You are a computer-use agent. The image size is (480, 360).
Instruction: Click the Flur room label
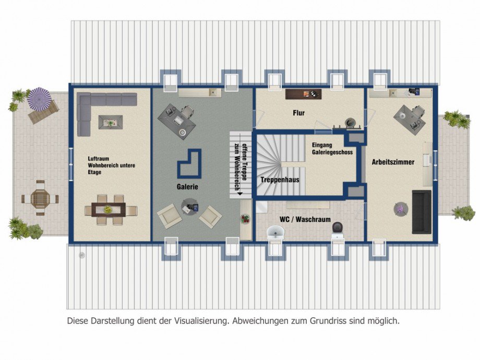pos(299,113)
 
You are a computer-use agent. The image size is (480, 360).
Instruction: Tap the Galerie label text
pos(187,186)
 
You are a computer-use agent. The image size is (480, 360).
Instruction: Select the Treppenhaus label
pos(280,179)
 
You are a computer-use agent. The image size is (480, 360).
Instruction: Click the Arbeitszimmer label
pos(393,162)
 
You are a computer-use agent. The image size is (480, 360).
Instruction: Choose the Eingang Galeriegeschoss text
pos(332,149)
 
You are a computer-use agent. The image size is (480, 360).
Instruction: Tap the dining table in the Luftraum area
pos(111,210)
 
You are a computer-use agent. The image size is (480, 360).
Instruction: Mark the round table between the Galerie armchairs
pos(189,207)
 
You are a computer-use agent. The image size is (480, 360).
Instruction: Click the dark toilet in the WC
pos(338,228)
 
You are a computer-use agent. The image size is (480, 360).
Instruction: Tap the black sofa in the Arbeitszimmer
pos(422,211)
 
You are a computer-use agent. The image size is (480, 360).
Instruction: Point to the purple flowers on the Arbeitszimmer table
pos(400,209)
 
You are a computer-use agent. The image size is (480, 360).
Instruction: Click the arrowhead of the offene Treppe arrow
pos(240,193)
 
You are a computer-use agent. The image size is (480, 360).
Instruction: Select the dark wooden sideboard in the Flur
pos(303,94)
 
